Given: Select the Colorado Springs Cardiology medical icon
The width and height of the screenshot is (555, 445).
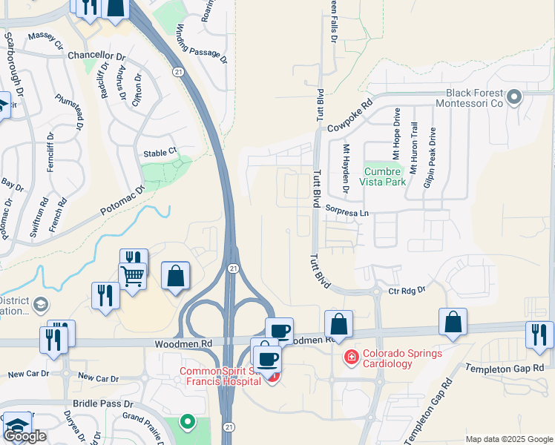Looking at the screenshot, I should pyautogui.click(x=351, y=357).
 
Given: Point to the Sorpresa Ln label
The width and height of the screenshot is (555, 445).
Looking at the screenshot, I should pyautogui.click(x=346, y=212).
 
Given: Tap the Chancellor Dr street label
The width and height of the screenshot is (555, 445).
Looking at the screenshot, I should pyautogui.click(x=96, y=56).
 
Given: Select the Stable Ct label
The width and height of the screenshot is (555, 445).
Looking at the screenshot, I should pyautogui.click(x=160, y=152).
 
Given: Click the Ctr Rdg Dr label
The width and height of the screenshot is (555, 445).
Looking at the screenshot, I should pyautogui.click(x=406, y=291).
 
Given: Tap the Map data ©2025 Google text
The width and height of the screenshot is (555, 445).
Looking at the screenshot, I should pyautogui.click(x=509, y=439).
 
